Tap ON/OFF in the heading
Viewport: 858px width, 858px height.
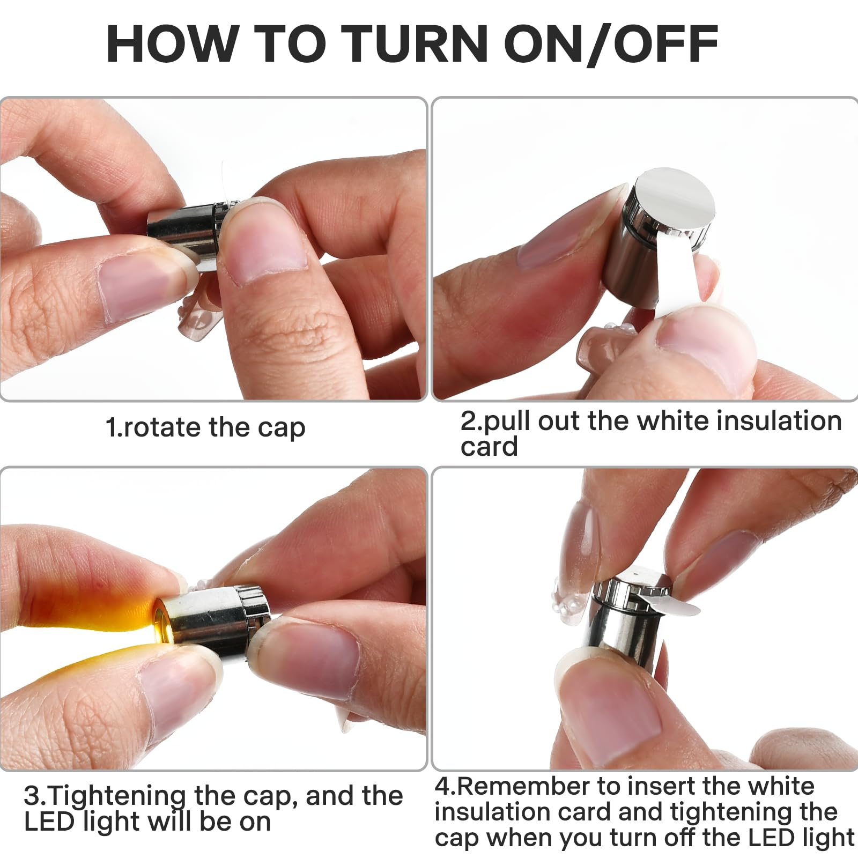[611, 44]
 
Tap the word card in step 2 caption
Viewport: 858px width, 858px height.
[489, 446]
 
